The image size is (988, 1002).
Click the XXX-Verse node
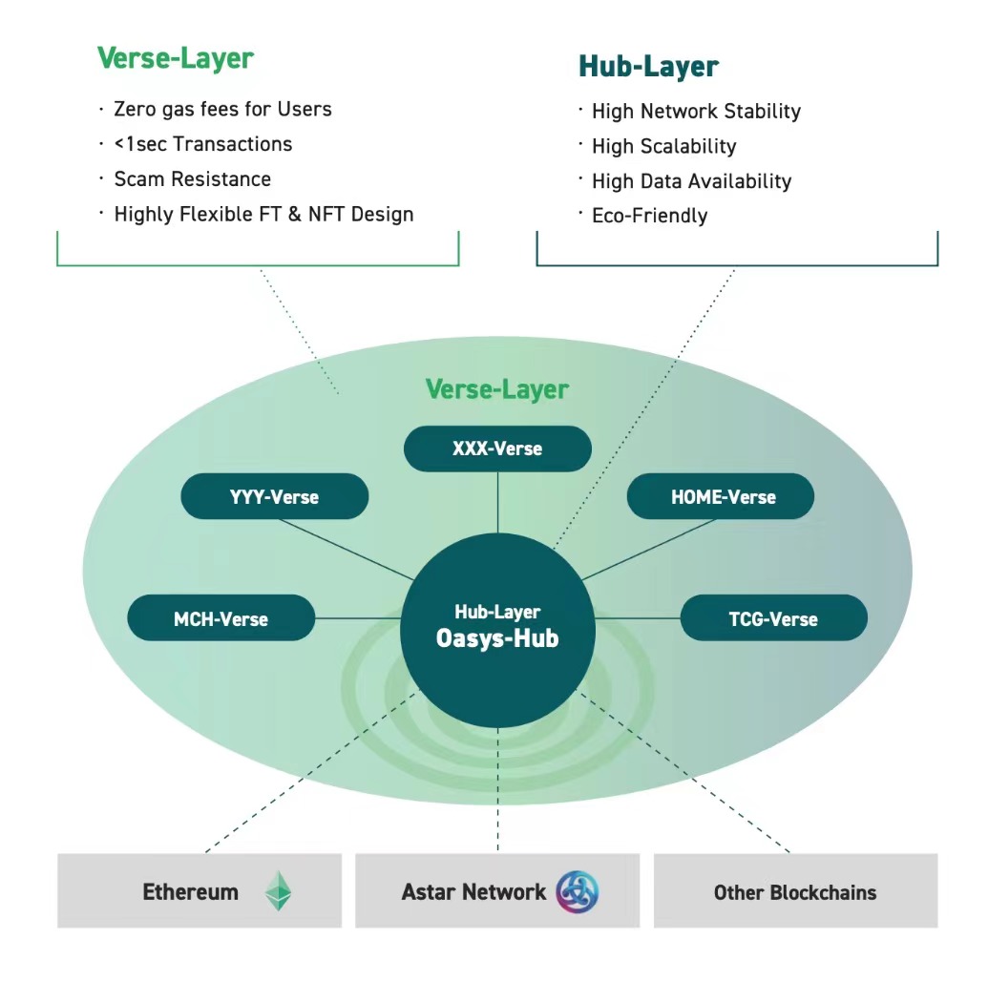(x=497, y=449)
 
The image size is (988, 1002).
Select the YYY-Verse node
(x=275, y=496)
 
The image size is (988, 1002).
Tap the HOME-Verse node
(x=720, y=496)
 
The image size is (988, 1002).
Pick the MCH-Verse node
(x=221, y=618)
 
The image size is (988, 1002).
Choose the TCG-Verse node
(x=774, y=618)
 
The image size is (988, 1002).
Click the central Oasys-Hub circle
(x=498, y=630)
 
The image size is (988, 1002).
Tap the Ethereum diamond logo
(x=278, y=890)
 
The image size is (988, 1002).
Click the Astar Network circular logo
(x=578, y=891)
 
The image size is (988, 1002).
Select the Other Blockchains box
(x=795, y=890)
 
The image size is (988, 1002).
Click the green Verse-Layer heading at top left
(x=176, y=58)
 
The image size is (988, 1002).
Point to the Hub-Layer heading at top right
(x=649, y=67)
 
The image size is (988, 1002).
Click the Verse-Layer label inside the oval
(x=497, y=389)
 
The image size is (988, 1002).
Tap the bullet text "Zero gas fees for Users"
(x=223, y=110)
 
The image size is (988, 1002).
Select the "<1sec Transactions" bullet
(x=203, y=144)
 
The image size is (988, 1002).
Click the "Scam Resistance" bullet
(x=193, y=179)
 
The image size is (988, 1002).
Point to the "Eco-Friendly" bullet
(x=650, y=216)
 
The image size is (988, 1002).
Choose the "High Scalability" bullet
(x=664, y=146)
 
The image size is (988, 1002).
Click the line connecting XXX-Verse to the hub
(x=498, y=502)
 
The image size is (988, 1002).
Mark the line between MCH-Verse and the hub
(x=358, y=618)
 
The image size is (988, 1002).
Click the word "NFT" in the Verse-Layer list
(x=326, y=214)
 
